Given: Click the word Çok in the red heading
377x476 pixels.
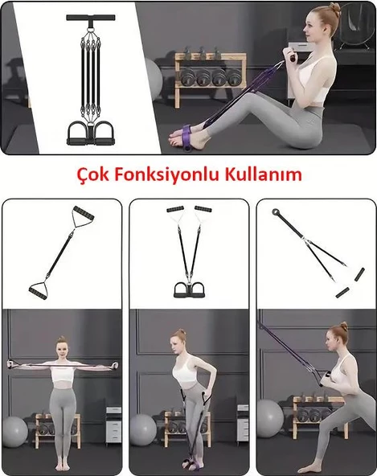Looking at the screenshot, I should click(x=88, y=174).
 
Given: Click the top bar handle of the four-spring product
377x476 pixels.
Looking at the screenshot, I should click(x=90, y=17).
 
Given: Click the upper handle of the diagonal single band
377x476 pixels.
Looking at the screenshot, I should click(x=82, y=216).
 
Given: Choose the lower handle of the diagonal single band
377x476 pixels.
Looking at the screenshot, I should click(x=39, y=289).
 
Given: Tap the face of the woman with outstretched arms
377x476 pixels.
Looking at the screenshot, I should click(x=62, y=348).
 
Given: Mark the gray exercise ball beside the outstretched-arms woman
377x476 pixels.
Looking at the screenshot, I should click(x=14, y=432).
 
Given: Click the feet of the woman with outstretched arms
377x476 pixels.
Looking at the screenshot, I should click(x=62, y=466).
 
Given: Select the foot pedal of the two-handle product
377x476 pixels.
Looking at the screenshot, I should click(x=188, y=289).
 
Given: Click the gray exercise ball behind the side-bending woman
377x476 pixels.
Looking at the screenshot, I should click(x=143, y=429).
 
